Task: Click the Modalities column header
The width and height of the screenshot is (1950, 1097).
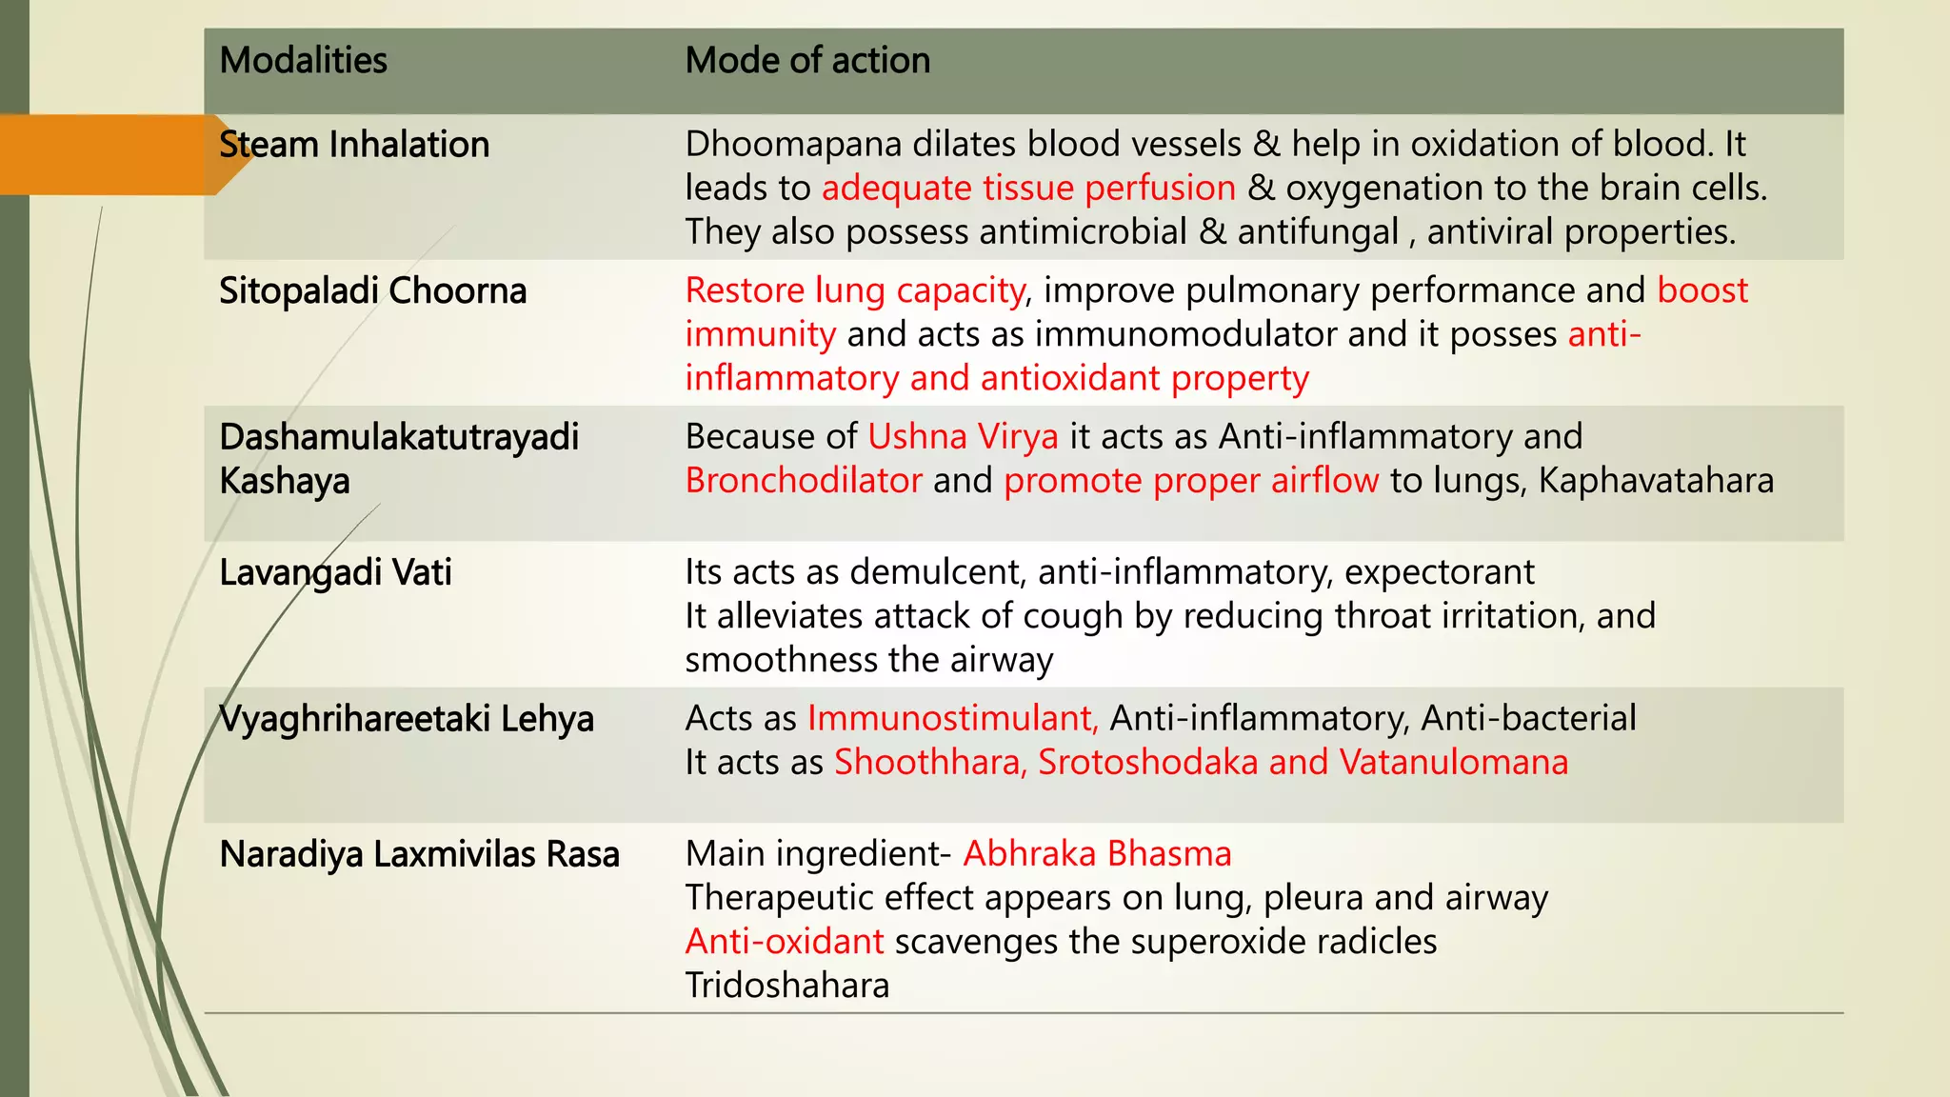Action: coord(303,61)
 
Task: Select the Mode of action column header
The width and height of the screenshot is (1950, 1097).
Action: coord(807,61)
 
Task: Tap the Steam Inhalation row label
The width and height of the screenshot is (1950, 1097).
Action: coord(354,145)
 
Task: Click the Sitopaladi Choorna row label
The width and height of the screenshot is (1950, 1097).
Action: coord(372,291)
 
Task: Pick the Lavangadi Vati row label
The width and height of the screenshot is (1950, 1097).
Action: coord(335,573)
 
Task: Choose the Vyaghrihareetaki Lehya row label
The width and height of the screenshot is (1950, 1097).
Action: coord(407,719)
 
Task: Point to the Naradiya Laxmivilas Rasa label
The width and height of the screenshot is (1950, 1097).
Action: coord(419,855)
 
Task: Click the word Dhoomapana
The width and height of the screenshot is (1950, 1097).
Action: coord(793,145)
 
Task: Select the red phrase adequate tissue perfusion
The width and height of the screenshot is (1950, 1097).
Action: coord(1028,189)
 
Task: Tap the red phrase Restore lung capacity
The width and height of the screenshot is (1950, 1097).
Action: coord(855,290)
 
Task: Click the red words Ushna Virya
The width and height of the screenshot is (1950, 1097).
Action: coord(963,437)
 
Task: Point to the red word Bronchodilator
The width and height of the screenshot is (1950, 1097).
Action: coord(804,481)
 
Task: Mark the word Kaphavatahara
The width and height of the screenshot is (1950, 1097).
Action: coord(1656,481)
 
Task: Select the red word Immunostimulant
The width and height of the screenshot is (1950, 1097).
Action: coord(952,719)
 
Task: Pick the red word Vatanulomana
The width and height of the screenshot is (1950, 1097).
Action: coord(1453,763)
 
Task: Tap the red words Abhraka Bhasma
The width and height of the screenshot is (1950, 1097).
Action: coord(1097,854)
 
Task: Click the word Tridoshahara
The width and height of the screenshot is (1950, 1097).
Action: coord(787,986)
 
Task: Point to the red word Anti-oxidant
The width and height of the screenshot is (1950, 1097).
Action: coord(785,942)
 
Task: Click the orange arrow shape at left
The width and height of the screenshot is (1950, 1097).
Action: coord(114,154)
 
